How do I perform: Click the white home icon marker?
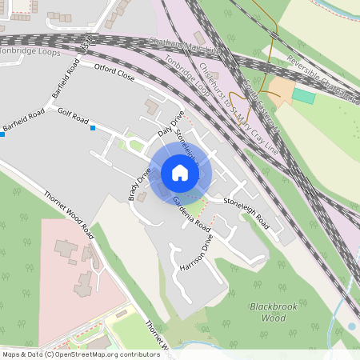click(180, 173)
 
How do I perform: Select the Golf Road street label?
click(73, 117)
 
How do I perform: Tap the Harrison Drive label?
click(197, 253)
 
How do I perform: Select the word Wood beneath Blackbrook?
click(274, 318)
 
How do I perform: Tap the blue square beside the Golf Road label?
click(94, 128)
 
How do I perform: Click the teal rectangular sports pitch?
click(304, 95)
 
